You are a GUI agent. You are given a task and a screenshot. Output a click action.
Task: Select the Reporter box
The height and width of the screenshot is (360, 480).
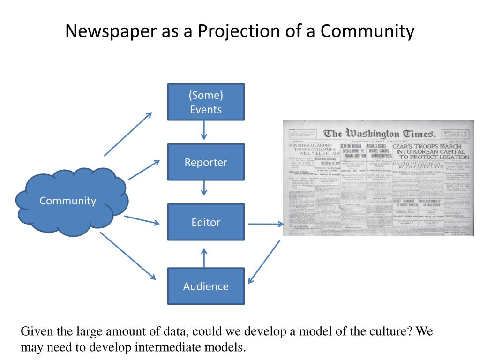tap(206, 162)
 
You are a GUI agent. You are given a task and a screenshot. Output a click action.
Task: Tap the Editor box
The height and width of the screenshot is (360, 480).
tap(206, 222)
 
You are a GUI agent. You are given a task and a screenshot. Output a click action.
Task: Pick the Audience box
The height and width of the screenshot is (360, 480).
tap(206, 286)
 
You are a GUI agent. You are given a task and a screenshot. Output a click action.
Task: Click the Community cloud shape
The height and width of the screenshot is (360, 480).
tap(68, 201)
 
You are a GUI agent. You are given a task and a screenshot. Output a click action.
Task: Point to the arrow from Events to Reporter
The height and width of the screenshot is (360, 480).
tap(204, 130)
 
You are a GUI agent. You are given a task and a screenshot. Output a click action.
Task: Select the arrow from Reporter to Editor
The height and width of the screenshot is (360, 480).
tap(204, 188)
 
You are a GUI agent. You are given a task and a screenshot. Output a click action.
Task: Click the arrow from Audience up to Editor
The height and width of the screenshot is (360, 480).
tap(204, 257)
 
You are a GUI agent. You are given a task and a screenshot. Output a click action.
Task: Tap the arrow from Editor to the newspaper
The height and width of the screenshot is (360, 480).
tap(265, 224)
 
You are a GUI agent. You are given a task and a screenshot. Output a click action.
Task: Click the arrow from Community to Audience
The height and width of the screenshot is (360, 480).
tap(127, 255)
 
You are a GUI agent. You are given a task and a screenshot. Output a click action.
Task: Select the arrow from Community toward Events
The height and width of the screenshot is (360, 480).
tap(128, 134)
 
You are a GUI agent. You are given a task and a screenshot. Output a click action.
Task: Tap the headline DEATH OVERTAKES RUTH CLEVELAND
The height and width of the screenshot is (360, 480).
tap(418, 165)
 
